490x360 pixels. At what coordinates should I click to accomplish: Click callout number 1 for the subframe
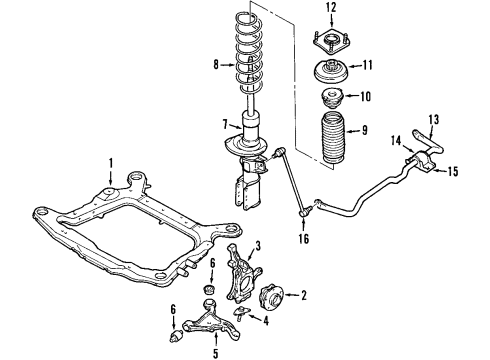click(112, 162)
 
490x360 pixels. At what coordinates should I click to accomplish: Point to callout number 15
click(453, 172)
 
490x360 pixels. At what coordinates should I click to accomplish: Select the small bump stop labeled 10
click(331, 100)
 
